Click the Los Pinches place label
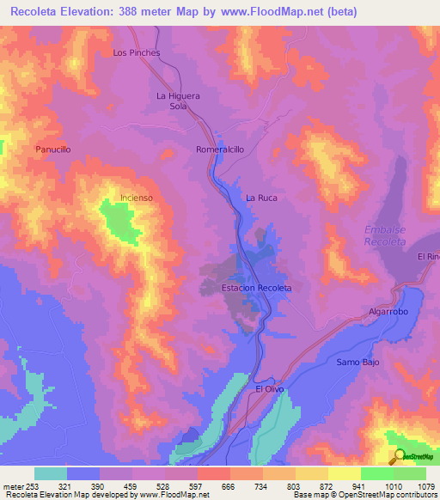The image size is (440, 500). coord(137,52)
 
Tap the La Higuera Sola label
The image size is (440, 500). coord(178,101)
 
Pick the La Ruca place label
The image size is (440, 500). coord(264,198)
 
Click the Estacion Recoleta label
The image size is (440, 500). coord(256,287)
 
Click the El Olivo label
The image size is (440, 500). coord(269,389)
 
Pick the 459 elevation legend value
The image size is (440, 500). coord(130,485)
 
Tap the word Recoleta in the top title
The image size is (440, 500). coord(38,12)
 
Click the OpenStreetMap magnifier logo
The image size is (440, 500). coord(399,456)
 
